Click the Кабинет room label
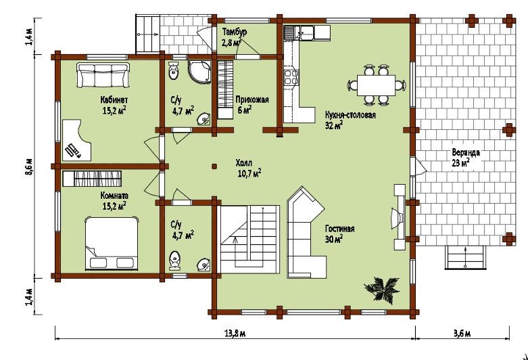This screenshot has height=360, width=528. point(114,99)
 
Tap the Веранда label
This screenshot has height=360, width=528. point(466,152)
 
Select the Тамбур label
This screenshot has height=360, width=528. point(235,32)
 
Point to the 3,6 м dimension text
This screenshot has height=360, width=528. point(462,334)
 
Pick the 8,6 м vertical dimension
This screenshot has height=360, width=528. point(31,166)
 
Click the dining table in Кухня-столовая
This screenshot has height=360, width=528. point(376,86)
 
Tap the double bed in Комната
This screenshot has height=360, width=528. point(112,243)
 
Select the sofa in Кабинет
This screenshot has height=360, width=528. point(103,75)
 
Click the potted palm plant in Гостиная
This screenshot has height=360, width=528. point(382,288)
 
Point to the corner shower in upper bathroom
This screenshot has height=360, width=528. point(199,72)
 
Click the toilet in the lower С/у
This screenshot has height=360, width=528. point(174,261)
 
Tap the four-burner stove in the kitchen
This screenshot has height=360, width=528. point(291,77)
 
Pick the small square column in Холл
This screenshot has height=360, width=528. point(214,166)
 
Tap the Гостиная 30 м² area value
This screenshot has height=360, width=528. point(334,240)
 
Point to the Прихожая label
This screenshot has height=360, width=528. point(252,99)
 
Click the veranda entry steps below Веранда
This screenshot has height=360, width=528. point(465,258)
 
